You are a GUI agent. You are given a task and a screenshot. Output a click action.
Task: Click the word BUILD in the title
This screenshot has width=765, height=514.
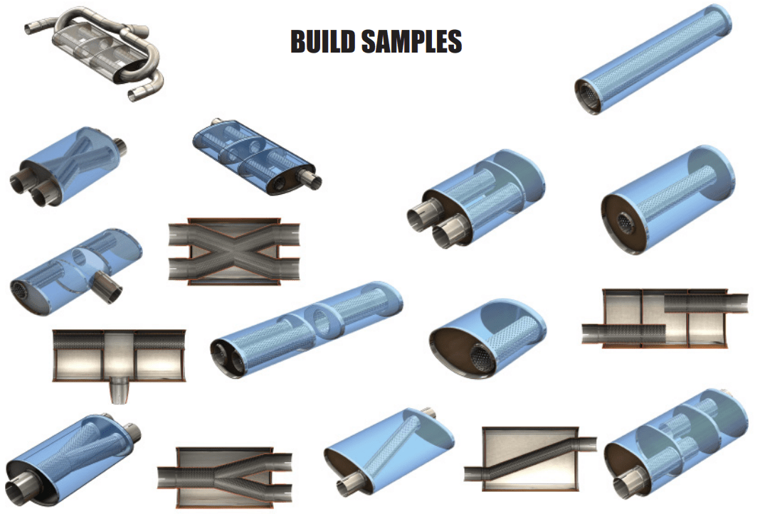[x=322, y=42]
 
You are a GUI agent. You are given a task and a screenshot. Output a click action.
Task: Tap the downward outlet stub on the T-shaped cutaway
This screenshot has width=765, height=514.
[x=120, y=391]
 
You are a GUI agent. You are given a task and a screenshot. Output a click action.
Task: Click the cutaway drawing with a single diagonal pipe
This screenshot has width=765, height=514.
[x=529, y=459]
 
